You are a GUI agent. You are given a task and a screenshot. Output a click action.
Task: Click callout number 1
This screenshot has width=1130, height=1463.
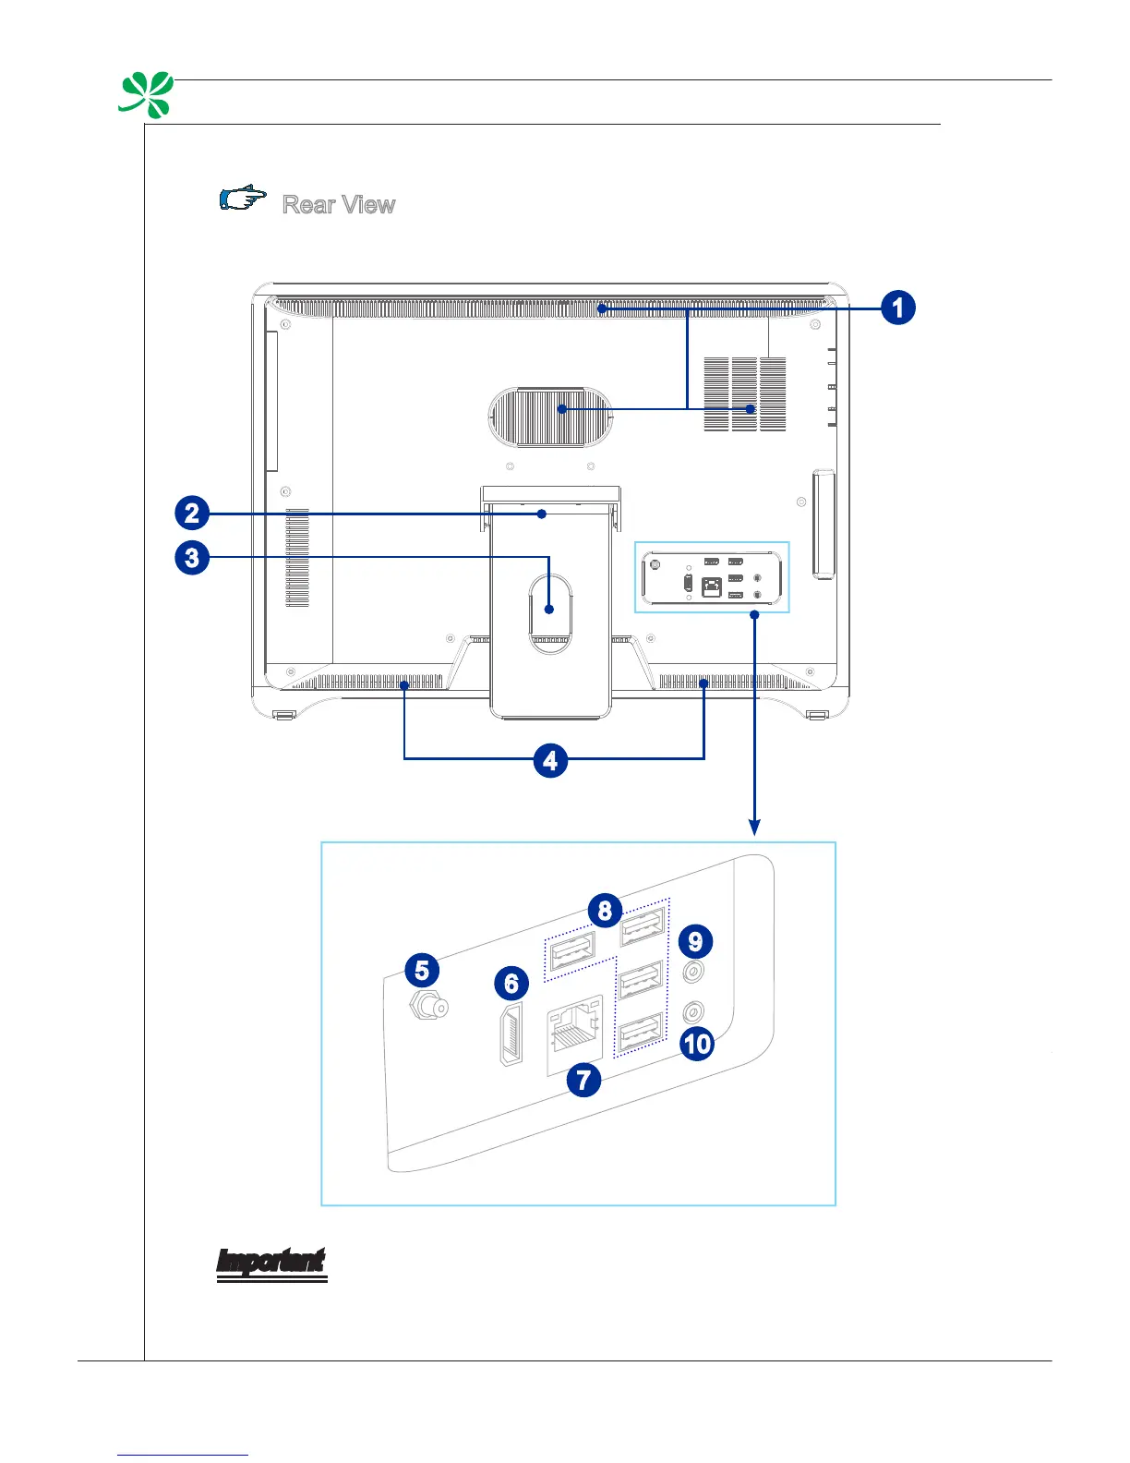(x=897, y=307)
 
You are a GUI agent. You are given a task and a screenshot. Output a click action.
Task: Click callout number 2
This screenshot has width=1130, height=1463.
(x=191, y=513)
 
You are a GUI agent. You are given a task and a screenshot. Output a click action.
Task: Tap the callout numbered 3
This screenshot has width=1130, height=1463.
(x=191, y=558)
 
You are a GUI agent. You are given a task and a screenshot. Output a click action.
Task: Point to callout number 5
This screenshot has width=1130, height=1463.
(x=422, y=970)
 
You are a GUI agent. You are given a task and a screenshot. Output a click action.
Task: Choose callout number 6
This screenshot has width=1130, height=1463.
(x=511, y=984)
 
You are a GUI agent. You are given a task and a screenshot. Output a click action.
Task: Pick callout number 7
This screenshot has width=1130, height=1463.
(x=583, y=1079)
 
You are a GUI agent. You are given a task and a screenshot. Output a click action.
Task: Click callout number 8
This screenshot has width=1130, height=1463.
(x=605, y=911)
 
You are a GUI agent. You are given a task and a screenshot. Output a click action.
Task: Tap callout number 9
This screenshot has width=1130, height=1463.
(x=695, y=941)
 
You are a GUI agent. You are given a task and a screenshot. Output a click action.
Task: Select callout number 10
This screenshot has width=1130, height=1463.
(x=697, y=1044)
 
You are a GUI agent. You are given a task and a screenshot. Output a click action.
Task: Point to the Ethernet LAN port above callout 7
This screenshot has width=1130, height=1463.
(x=574, y=1034)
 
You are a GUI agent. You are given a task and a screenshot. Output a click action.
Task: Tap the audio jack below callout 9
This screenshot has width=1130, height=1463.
(x=693, y=972)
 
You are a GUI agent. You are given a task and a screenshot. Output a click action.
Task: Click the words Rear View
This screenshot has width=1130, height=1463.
(x=339, y=204)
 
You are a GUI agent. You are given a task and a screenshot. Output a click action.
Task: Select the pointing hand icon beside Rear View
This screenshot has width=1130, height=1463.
(x=243, y=199)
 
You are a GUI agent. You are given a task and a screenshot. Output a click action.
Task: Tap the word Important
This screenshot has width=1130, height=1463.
(x=271, y=1263)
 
